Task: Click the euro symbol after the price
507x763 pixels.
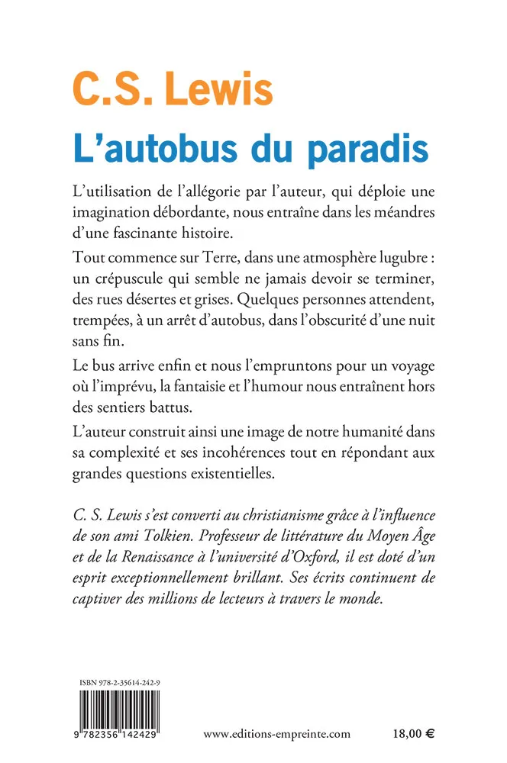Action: coord(430,734)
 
